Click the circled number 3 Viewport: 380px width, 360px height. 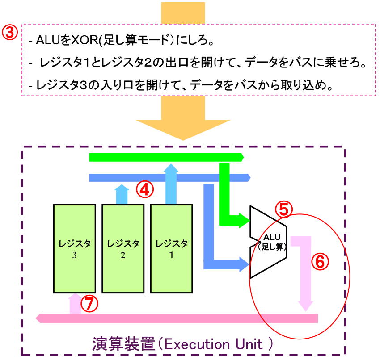click(11, 33)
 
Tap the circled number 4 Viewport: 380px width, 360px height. click(145, 189)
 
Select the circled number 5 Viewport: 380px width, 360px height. click(283, 209)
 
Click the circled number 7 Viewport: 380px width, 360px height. click(89, 304)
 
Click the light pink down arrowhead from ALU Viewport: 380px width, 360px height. click(306, 305)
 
